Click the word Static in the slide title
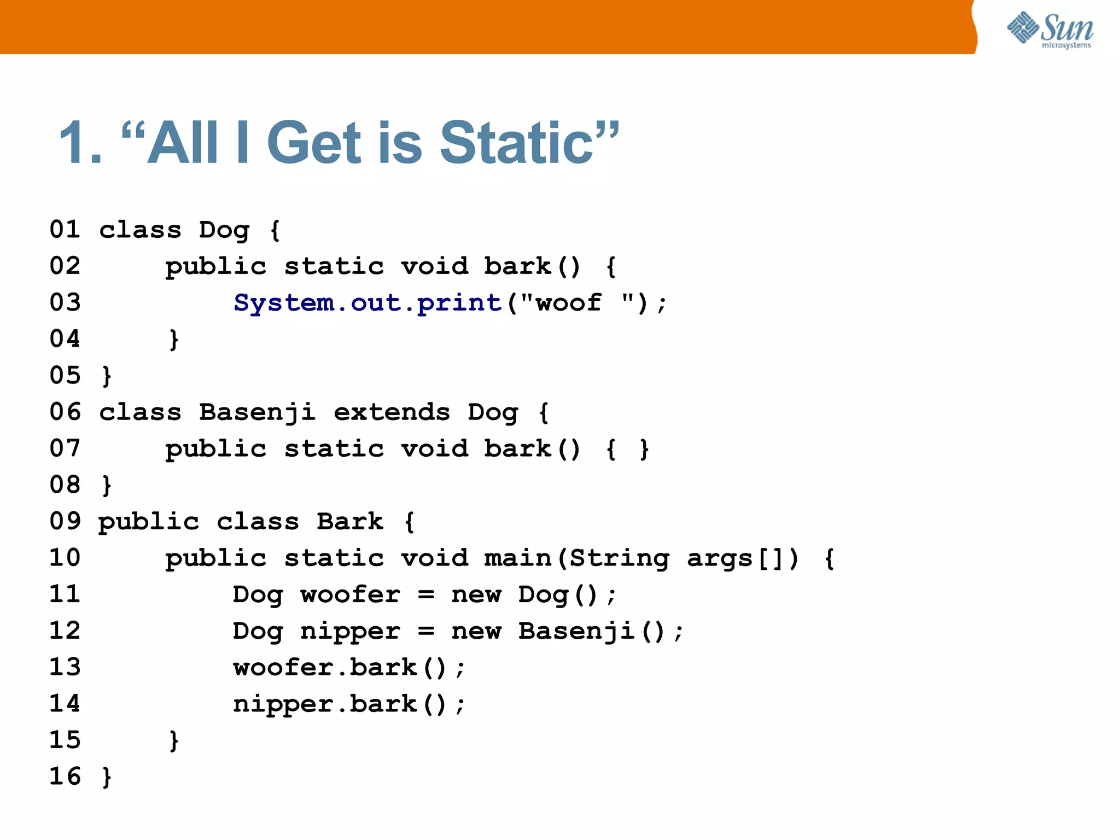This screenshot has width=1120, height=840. click(517, 143)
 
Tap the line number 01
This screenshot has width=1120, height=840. click(65, 229)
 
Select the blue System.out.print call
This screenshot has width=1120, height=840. click(367, 302)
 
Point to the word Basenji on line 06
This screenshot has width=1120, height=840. click(257, 412)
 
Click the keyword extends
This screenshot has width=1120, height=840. click(392, 412)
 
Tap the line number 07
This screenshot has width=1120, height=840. click(65, 448)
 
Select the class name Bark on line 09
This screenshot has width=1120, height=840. click(350, 521)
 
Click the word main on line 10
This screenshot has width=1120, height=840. click(518, 558)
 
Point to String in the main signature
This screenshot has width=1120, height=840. click(620, 558)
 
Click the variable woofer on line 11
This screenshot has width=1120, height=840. click(350, 594)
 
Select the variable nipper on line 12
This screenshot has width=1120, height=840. click(350, 631)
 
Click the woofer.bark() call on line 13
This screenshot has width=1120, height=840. click(349, 667)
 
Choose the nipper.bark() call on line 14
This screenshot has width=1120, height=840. click(349, 704)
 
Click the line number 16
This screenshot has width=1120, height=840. click(65, 777)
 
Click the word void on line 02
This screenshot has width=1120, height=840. click(435, 266)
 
